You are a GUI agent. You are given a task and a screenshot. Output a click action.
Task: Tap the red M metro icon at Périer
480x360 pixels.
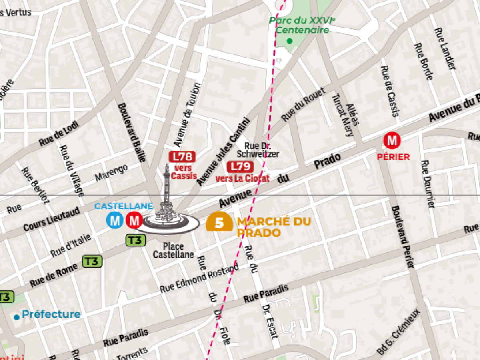point(392,141)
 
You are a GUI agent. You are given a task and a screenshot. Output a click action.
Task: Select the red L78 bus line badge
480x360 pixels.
point(182,157)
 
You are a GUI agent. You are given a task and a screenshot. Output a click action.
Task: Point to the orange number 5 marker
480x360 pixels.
point(219,222)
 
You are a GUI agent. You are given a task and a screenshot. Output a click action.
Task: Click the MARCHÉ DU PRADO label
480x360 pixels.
point(274,227)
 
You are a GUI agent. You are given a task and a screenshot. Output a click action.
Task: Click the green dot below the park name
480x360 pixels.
point(290,41)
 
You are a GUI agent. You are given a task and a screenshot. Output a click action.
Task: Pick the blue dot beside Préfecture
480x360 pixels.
point(16,317)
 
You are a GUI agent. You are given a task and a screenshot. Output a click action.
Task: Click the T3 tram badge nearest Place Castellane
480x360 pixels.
point(136,240)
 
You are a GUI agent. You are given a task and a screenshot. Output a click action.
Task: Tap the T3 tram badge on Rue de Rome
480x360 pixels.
point(92,261)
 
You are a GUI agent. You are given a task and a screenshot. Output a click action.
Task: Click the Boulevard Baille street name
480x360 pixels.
point(132,132)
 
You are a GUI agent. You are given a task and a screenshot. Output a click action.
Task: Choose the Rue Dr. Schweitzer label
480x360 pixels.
point(258,150)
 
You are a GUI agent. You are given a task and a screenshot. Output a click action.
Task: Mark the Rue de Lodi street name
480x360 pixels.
point(59,134)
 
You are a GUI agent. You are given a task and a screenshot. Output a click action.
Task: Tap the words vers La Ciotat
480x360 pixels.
point(242,178)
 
